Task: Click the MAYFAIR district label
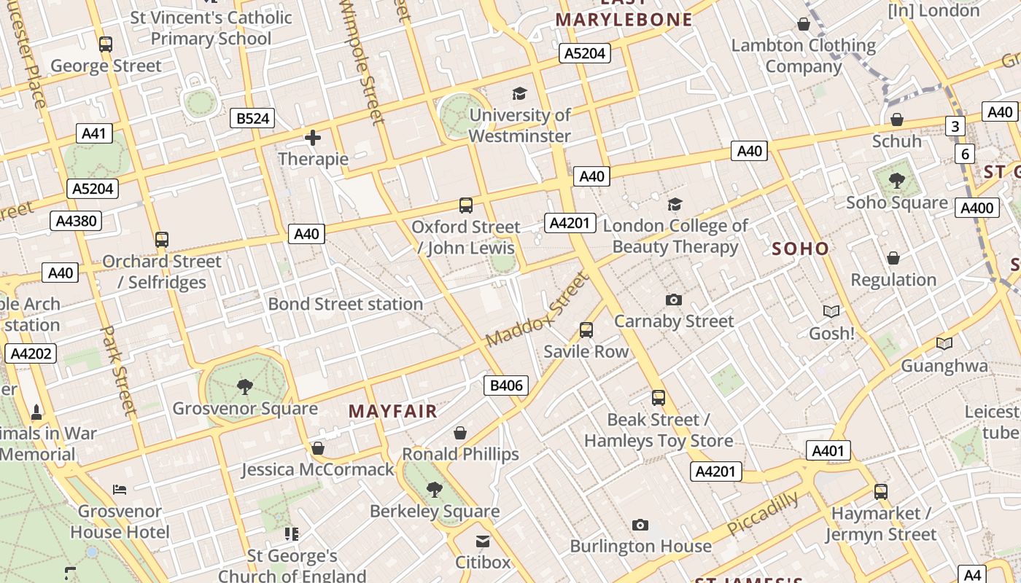[392, 411]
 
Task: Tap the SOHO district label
[800, 249]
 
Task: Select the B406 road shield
[506, 385]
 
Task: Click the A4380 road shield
[76, 221]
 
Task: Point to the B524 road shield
[252, 118]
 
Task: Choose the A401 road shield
[828, 450]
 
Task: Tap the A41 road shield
[94, 133]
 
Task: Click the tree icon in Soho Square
[896, 180]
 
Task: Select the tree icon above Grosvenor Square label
[245, 386]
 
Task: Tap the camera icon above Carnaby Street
[674, 300]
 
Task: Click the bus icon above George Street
[106, 44]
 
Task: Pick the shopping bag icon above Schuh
[897, 120]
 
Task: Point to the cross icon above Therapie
[313, 137]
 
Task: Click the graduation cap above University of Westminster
[519, 93]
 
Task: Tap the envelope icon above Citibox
[483, 541]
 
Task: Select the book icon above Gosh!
[831, 312]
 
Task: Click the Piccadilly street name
[763, 514]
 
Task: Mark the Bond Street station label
[345, 304]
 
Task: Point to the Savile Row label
[586, 351]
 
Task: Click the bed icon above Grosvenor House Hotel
[120, 490]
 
